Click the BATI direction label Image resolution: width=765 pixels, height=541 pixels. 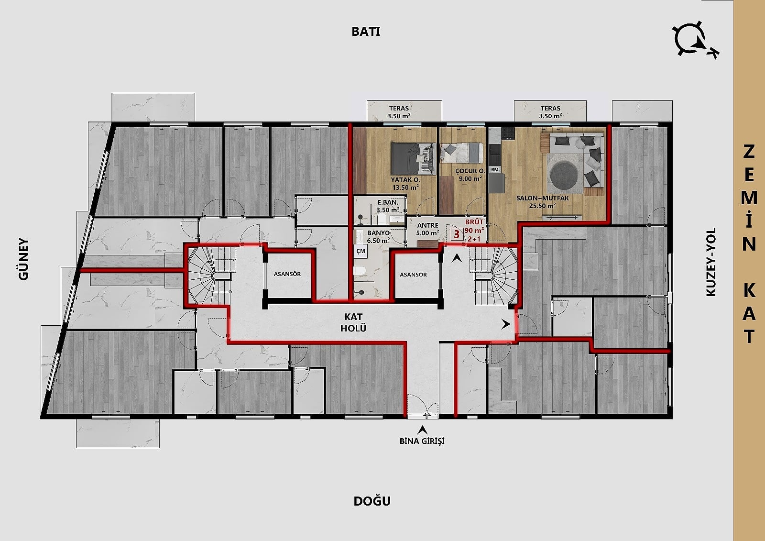pyautogui.click(x=366, y=32)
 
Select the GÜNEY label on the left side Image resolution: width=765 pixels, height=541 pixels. pyautogui.click(x=23, y=259)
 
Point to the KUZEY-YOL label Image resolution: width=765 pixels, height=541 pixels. pyautogui.click(x=710, y=262)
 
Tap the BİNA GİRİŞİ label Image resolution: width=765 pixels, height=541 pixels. pyautogui.click(x=422, y=441)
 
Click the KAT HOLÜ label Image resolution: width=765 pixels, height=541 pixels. pyautogui.click(x=353, y=322)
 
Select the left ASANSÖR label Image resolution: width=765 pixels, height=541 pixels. pyautogui.click(x=287, y=274)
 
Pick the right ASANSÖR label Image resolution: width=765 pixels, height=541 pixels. pyautogui.click(x=413, y=275)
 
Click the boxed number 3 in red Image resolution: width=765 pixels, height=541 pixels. pyautogui.click(x=457, y=234)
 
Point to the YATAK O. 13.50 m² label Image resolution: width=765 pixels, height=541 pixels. pyautogui.click(x=405, y=184)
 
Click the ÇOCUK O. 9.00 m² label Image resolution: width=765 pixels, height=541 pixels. pyautogui.click(x=470, y=175)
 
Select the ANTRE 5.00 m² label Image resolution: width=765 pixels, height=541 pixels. pyautogui.click(x=427, y=229)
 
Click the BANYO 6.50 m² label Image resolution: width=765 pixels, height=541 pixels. pyautogui.click(x=378, y=236)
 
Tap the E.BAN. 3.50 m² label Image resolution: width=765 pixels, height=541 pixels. pyautogui.click(x=388, y=206)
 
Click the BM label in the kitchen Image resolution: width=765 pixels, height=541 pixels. pyautogui.click(x=494, y=169)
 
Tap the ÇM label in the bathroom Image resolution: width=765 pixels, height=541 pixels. pyautogui.click(x=361, y=251)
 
